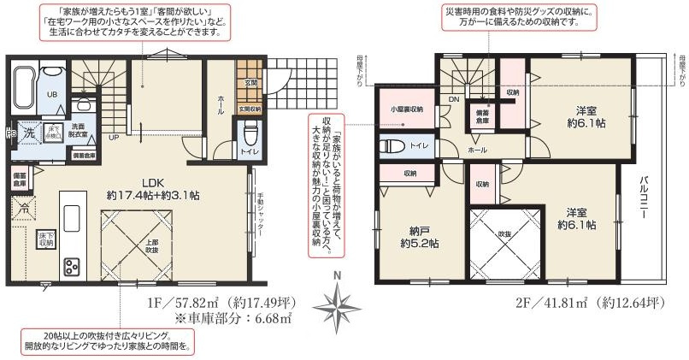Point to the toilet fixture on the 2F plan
click(x=392, y=146)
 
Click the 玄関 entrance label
click(x=250, y=83)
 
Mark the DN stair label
click(x=455, y=99)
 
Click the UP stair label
click(x=115, y=136)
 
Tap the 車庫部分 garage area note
click(x=233, y=320)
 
